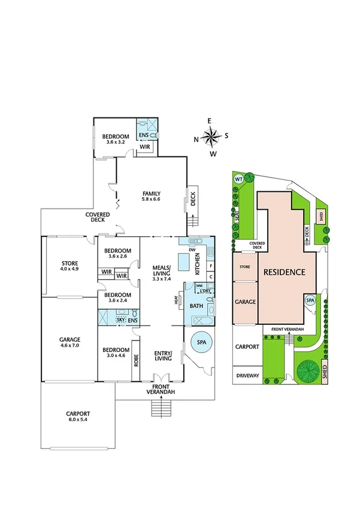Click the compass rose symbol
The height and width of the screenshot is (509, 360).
pos(211,137)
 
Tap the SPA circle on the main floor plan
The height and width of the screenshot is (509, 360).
pos(200,343)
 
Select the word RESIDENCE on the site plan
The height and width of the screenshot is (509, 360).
pos(283,272)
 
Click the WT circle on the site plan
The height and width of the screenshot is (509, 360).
pos(238,179)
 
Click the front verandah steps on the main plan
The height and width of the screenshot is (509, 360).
pos(159,409)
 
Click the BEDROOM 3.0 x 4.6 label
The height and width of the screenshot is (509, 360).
pos(116,353)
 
